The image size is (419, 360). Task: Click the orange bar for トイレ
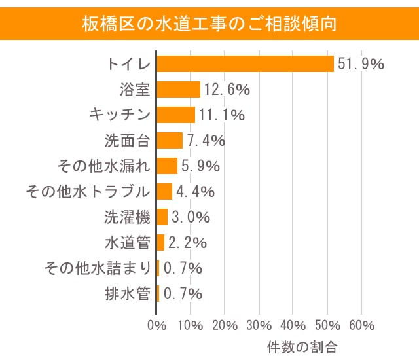point(246,64)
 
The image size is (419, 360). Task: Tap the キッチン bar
point(176,115)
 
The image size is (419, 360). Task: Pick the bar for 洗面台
point(170,141)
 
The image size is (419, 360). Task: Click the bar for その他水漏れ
point(168,166)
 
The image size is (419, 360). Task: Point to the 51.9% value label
point(360,64)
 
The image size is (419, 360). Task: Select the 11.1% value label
point(221,115)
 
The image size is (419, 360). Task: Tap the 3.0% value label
point(191,217)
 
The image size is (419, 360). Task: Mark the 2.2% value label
point(188,243)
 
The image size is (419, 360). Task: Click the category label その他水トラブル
point(88,192)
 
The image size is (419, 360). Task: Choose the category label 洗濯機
point(128,217)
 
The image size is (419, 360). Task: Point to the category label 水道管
point(128,243)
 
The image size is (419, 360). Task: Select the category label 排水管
point(128,294)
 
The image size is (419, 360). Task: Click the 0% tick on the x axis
point(156,325)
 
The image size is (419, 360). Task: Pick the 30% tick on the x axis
point(259,325)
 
